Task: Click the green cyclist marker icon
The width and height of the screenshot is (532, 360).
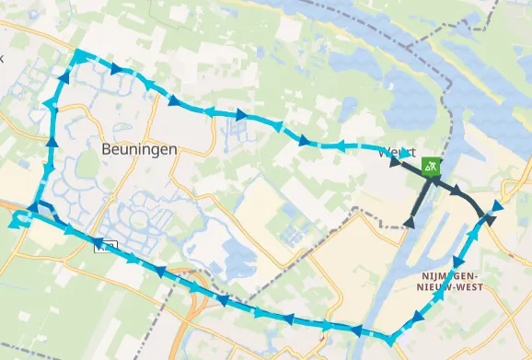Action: (431, 167)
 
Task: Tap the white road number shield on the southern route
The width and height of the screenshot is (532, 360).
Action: (110, 246)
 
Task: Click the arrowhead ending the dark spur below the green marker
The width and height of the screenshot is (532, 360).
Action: (411, 221)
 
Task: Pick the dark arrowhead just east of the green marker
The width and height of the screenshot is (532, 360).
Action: (457, 191)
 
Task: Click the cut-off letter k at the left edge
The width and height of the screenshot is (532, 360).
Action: (3, 57)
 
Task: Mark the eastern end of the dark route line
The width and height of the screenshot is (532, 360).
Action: (489, 219)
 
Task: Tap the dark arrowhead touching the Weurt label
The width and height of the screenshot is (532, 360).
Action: (396, 165)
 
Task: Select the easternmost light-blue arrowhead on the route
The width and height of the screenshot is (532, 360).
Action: (498, 205)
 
